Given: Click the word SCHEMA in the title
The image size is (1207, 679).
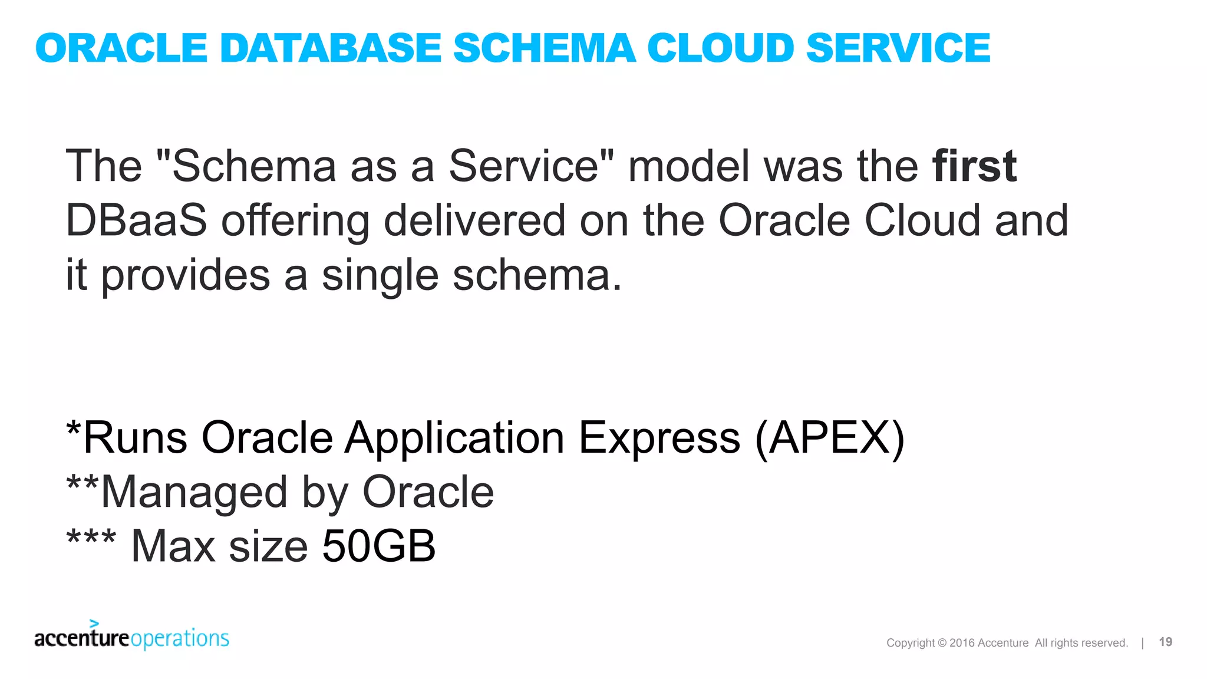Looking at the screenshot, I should pos(544,48).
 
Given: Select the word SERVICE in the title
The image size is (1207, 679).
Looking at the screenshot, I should pos(898,48).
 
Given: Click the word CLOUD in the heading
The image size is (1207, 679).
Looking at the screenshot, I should pos(720,48).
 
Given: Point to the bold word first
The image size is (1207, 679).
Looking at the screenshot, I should pos(974,166).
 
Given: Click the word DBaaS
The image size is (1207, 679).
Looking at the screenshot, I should pos(136,220).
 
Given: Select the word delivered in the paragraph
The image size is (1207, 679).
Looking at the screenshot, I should pos(474,220).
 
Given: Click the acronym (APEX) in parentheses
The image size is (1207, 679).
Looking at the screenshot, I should pos(829,438).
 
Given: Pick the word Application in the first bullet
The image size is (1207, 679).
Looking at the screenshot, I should pos(454,438).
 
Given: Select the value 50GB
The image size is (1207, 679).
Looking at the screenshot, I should pos(379,546).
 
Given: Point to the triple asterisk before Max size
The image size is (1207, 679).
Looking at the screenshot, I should pos(91,539).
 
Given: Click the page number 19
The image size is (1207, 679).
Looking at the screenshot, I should pos(1165,642).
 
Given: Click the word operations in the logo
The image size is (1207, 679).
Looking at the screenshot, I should pos(180,639).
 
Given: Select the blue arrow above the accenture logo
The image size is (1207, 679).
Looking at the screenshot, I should pos(94,622).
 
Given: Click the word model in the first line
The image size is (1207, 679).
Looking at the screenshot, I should pos(689,166).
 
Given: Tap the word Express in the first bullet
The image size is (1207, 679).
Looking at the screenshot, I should pos(659,438).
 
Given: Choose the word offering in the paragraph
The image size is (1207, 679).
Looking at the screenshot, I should pos(295,220).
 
